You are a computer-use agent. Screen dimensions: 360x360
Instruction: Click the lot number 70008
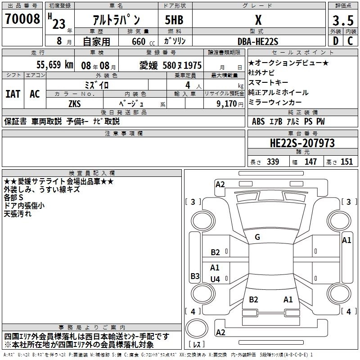point(22,18)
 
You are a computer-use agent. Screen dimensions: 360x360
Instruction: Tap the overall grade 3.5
point(343,20)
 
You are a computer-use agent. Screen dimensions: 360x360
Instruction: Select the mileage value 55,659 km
point(55,65)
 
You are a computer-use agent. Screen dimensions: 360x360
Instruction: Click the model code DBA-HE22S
point(258,41)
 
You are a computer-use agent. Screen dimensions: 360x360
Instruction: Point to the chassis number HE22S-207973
point(302,143)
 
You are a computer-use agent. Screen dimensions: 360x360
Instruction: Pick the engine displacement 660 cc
point(143,42)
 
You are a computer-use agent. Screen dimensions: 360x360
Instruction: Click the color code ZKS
point(75,104)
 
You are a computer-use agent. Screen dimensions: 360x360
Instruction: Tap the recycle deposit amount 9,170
point(227,103)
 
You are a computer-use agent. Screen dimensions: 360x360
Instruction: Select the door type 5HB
point(174,20)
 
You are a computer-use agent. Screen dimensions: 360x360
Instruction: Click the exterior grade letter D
point(336,41)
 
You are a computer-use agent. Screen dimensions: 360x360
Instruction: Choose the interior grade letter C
point(350,41)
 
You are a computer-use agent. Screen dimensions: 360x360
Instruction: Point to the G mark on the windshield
point(257,237)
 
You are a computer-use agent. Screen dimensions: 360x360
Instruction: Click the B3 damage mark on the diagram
point(195,276)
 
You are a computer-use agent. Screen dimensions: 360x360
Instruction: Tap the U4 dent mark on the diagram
point(215,279)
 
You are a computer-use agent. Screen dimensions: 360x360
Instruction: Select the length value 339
point(273,162)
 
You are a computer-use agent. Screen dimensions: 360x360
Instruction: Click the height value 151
point(346,162)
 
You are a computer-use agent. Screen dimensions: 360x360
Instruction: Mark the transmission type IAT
point(13,94)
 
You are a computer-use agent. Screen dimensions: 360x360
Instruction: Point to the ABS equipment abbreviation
point(258,121)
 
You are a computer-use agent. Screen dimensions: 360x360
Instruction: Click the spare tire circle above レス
point(197,328)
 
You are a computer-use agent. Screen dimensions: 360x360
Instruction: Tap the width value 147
point(310,162)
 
